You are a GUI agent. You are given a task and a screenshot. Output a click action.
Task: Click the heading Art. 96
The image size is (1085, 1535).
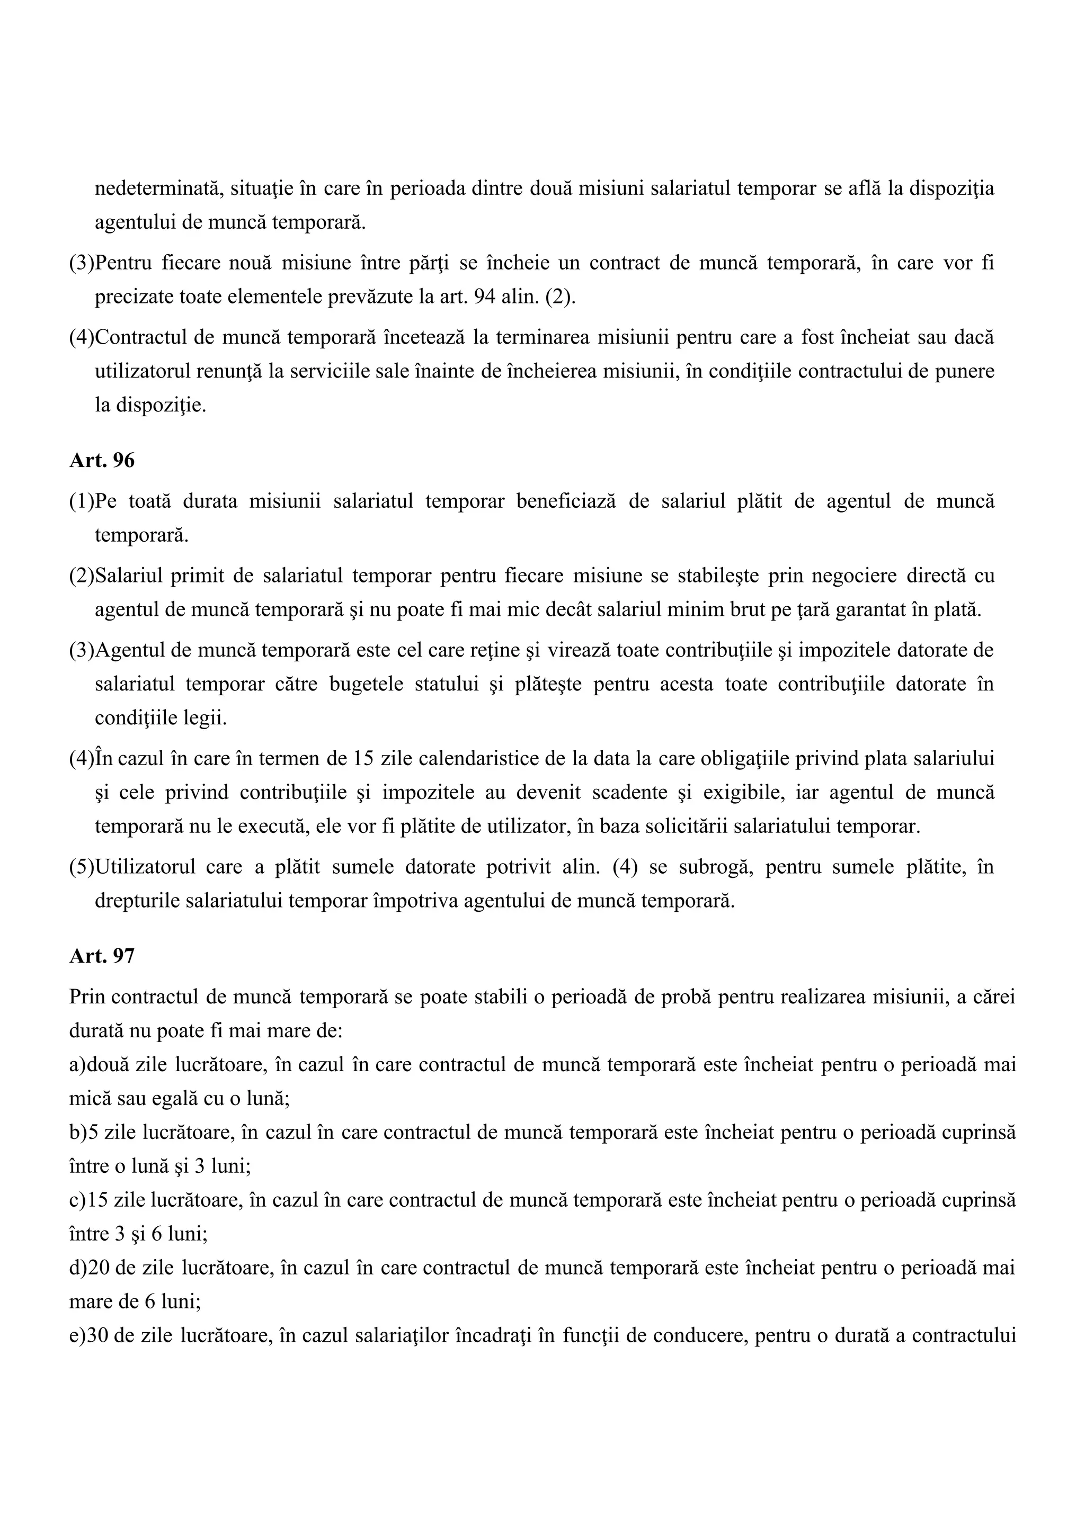[102, 461]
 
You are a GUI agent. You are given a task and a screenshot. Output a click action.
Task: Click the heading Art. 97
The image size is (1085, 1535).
[102, 956]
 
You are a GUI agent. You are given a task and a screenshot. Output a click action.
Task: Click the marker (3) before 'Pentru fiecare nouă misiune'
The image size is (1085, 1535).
[82, 263]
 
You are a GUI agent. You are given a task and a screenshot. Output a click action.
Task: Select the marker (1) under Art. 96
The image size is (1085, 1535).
[82, 501]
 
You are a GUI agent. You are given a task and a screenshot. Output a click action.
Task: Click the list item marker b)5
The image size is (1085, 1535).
[83, 1132]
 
